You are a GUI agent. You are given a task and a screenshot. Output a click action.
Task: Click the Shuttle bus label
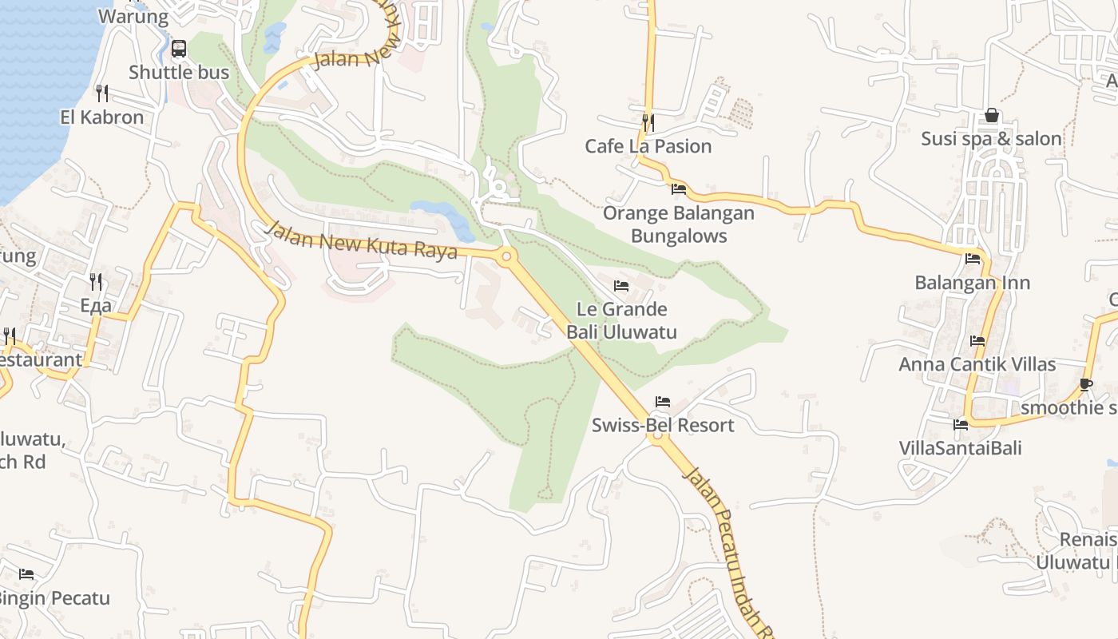[x=179, y=72]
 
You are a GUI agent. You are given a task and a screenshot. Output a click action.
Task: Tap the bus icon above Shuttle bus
[x=179, y=49]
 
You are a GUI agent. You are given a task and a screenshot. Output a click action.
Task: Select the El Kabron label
[x=102, y=117]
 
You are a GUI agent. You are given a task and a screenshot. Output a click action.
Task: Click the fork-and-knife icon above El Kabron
[x=102, y=93]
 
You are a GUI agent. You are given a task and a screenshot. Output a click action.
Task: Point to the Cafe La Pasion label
[x=648, y=146]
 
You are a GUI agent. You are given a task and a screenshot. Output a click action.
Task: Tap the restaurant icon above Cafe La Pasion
[x=648, y=122]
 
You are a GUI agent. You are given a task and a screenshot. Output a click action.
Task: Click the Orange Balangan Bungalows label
[x=679, y=224]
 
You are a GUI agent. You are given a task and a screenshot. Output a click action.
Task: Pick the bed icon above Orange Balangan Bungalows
[x=679, y=189]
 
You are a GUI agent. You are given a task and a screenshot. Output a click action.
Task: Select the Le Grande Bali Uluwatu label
[x=621, y=320]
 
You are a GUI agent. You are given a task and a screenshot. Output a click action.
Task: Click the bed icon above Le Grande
[x=621, y=286]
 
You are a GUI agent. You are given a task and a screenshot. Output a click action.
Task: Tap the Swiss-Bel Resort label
[x=663, y=425]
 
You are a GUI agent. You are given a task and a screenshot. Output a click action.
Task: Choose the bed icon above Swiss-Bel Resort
[x=663, y=402]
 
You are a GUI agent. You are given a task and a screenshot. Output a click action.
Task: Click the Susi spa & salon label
[x=991, y=139]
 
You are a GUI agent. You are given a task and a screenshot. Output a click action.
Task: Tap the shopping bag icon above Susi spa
[x=991, y=116]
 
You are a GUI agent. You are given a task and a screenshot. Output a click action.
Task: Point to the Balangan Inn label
[x=972, y=283]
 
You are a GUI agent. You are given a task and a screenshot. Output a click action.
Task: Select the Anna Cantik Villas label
[x=977, y=364]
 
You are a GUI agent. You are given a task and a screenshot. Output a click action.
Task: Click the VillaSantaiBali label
[x=961, y=447]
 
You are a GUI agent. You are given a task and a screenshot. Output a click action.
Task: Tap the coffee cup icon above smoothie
[x=1086, y=384]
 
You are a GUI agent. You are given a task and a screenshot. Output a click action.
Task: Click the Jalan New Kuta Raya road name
[x=362, y=240]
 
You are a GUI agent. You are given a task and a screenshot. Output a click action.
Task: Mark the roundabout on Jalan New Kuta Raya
[x=505, y=257]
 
